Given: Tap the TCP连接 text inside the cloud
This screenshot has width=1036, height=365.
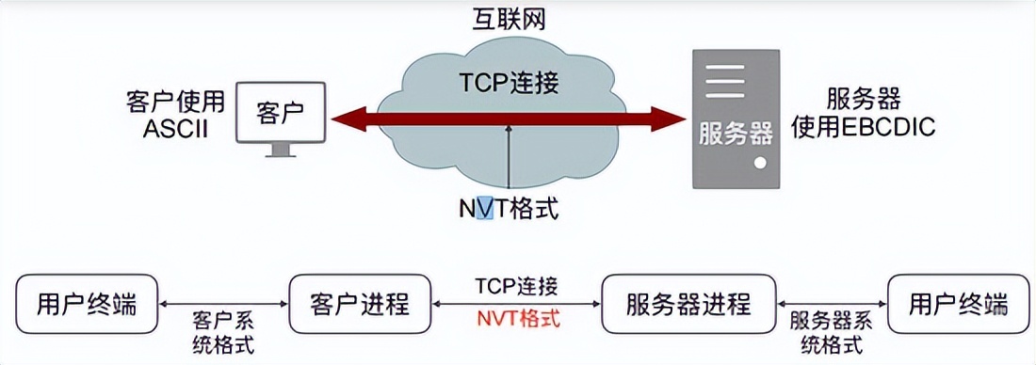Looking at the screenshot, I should pyautogui.click(x=510, y=83).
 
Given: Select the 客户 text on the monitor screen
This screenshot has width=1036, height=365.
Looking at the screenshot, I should pyautogui.click(x=280, y=111).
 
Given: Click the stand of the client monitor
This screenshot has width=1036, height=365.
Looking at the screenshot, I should pyautogui.click(x=280, y=150).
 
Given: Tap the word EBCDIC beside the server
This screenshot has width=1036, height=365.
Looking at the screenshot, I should pyautogui.click(x=889, y=127).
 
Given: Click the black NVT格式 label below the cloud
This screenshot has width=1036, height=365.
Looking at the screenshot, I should pyautogui.click(x=509, y=208).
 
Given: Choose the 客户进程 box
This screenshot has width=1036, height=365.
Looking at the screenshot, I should pyautogui.click(x=359, y=305).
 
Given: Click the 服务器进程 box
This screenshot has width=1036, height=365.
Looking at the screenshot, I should pyautogui.click(x=688, y=305).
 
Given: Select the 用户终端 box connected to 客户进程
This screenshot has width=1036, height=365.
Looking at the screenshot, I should pyautogui.click(x=87, y=305).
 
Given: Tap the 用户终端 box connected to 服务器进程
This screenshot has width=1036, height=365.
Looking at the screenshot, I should pyautogui.click(x=958, y=305).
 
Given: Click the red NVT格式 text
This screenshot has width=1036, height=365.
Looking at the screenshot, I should pyautogui.click(x=516, y=318).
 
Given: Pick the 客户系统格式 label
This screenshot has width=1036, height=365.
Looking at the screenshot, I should pyautogui.click(x=223, y=329).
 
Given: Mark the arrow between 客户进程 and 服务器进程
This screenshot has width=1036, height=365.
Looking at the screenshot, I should pyautogui.click(x=516, y=303).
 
